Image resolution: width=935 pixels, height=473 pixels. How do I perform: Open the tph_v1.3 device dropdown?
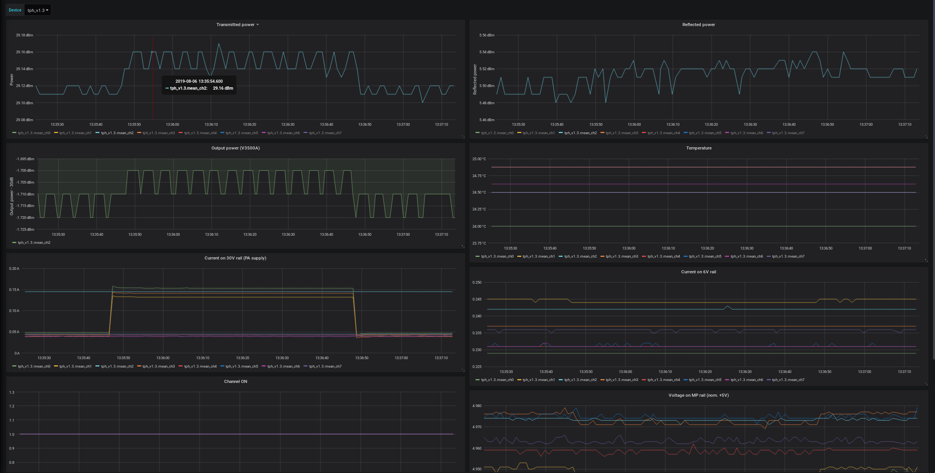pyautogui.click(x=38, y=10)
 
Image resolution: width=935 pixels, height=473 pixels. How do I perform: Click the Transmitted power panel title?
pyautogui.click(x=235, y=25)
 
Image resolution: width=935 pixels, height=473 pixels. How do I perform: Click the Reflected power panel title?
pyautogui.click(x=698, y=25)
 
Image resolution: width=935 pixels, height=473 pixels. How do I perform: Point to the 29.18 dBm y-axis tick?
pyautogui.click(x=25, y=35)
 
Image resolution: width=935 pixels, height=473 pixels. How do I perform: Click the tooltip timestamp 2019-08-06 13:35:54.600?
pyautogui.click(x=199, y=81)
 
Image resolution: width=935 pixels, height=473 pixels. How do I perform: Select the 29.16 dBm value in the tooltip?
pyautogui.click(x=223, y=88)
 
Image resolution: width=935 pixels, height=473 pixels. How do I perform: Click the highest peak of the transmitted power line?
pyautogui.click(x=219, y=44)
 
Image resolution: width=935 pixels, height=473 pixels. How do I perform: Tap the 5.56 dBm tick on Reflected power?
pyautogui.click(x=487, y=35)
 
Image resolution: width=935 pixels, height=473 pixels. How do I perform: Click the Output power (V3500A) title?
pyautogui.click(x=235, y=148)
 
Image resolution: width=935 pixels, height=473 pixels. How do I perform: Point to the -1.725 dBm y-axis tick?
pyautogui.click(x=25, y=230)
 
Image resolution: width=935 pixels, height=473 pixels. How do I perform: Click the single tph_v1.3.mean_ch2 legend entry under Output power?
pyautogui.click(x=34, y=243)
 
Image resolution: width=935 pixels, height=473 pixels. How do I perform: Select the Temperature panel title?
pyautogui.click(x=699, y=148)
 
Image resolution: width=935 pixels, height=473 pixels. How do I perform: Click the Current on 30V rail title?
pyautogui.click(x=235, y=258)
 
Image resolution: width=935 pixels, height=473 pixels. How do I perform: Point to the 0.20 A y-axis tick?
pyautogui.click(x=14, y=269)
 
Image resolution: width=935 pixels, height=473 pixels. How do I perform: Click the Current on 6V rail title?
pyautogui.click(x=698, y=272)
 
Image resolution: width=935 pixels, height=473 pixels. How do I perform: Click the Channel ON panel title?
pyautogui.click(x=235, y=381)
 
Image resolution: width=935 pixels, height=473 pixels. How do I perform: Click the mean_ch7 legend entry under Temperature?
pyautogui.click(x=788, y=256)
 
